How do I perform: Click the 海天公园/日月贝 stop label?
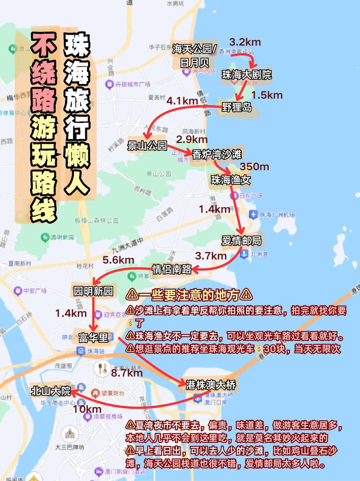click(x=195, y=55)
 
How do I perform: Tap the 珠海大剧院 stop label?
click(x=247, y=75)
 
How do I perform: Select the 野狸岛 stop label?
click(x=237, y=107)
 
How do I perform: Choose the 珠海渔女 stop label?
click(x=231, y=180)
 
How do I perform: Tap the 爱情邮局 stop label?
click(x=241, y=241)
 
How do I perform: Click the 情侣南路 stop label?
click(x=172, y=269)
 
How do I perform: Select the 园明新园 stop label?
click(x=93, y=291)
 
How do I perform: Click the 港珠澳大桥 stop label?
click(x=210, y=385)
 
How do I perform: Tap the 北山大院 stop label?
click(x=51, y=391)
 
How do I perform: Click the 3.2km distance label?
click(x=245, y=42)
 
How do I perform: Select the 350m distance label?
click(x=254, y=167)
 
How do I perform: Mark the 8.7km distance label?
click(x=127, y=373)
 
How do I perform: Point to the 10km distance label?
click(x=87, y=409)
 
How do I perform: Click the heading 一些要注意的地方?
click(x=189, y=295)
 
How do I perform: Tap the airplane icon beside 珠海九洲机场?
click(x=253, y=215)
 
